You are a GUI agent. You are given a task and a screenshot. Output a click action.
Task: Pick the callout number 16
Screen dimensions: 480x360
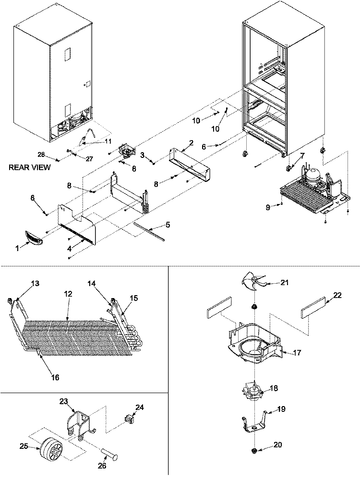point(55,378)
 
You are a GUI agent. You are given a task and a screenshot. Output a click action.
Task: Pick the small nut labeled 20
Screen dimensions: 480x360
point(254,451)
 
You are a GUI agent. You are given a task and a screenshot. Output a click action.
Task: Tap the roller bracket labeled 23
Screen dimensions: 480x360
point(79,422)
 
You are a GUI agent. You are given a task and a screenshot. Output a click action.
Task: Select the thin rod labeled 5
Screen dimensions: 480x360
point(149,230)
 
